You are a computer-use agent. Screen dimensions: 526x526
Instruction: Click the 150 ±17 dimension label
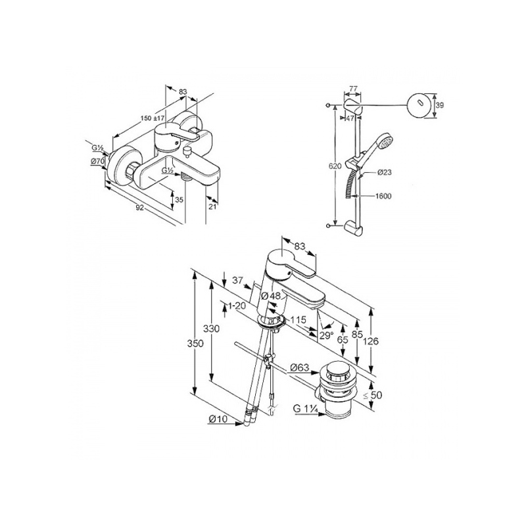point(153,118)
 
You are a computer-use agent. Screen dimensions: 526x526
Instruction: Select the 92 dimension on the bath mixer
point(140,208)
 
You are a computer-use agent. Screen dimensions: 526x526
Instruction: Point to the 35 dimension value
point(179,200)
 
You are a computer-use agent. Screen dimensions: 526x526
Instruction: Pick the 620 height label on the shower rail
point(335,166)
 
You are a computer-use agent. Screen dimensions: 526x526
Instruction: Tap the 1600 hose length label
point(383,196)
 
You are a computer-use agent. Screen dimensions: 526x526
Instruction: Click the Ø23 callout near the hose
point(384,172)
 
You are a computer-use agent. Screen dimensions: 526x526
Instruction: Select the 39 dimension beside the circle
point(439,105)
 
